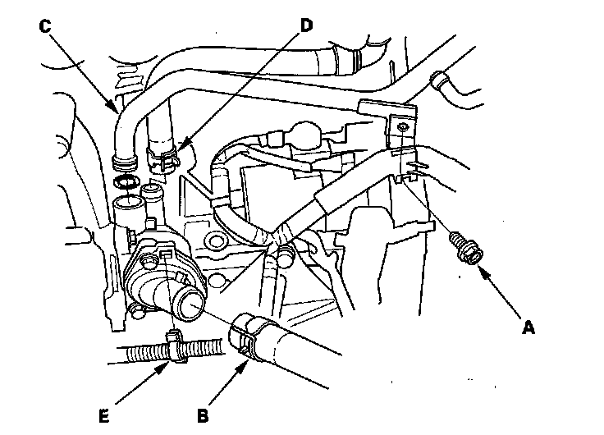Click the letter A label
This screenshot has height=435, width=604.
click(528, 328)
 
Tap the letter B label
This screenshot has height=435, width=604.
click(202, 415)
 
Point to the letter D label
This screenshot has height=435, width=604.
click(306, 25)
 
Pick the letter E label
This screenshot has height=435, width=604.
click(104, 415)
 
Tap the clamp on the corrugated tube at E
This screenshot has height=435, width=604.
click(173, 346)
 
